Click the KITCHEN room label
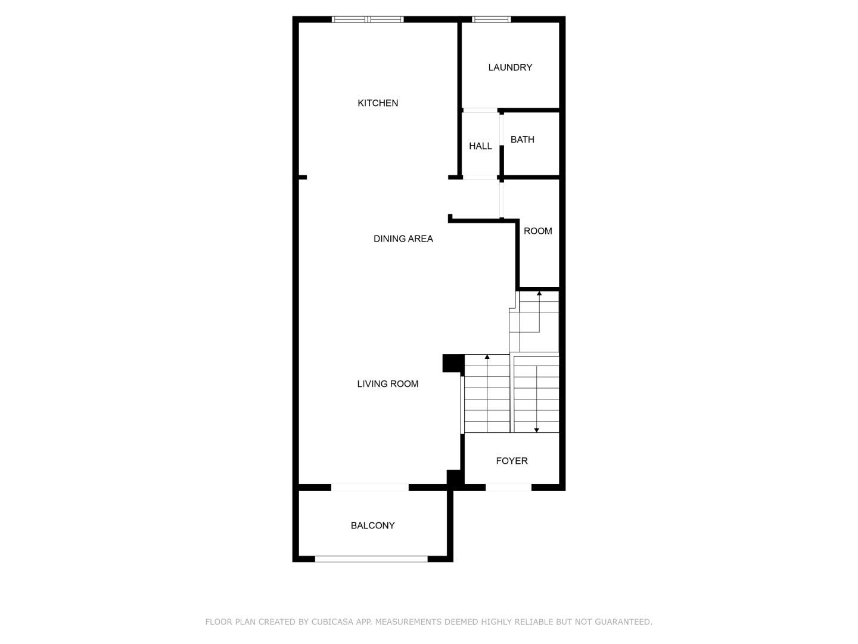tap(378, 103)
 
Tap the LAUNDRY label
tap(510, 67)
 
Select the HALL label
tap(480, 146)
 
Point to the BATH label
tap(523, 140)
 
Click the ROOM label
tap(538, 231)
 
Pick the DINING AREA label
tap(403, 239)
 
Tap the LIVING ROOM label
tap(388, 384)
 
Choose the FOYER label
tap(512, 461)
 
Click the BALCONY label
tap(373, 525)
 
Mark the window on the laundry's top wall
tap(492, 20)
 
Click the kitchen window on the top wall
tap(368, 20)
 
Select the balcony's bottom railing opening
tap(371, 559)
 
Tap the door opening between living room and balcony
tap(370, 487)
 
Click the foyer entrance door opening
tap(508, 487)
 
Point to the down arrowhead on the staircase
tap(536, 430)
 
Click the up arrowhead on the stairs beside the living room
tap(487, 357)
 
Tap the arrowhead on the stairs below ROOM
tap(539, 293)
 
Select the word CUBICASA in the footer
tap(332, 622)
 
